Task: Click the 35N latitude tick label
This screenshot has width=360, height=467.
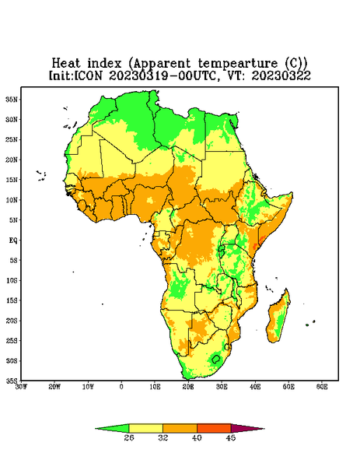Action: click(x=12, y=100)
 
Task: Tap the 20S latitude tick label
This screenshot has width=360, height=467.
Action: click(x=12, y=321)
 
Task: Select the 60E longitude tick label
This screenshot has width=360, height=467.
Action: click(x=322, y=387)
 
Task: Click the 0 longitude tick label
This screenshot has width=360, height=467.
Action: click(x=121, y=387)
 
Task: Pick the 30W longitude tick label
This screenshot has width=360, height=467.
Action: click(x=22, y=387)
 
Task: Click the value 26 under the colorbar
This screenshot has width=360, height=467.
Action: click(x=129, y=437)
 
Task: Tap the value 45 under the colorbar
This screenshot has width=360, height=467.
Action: click(x=231, y=437)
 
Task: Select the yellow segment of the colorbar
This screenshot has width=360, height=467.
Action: click(x=145, y=428)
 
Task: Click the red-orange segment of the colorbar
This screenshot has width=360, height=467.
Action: click(x=214, y=428)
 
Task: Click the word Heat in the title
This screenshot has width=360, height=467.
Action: click(x=66, y=63)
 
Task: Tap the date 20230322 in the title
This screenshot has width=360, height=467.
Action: click(x=281, y=75)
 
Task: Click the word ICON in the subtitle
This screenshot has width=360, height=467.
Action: click(x=88, y=75)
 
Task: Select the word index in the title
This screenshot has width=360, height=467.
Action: click(x=105, y=63)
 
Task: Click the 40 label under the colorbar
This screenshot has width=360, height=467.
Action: click(x=197, y=437)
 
